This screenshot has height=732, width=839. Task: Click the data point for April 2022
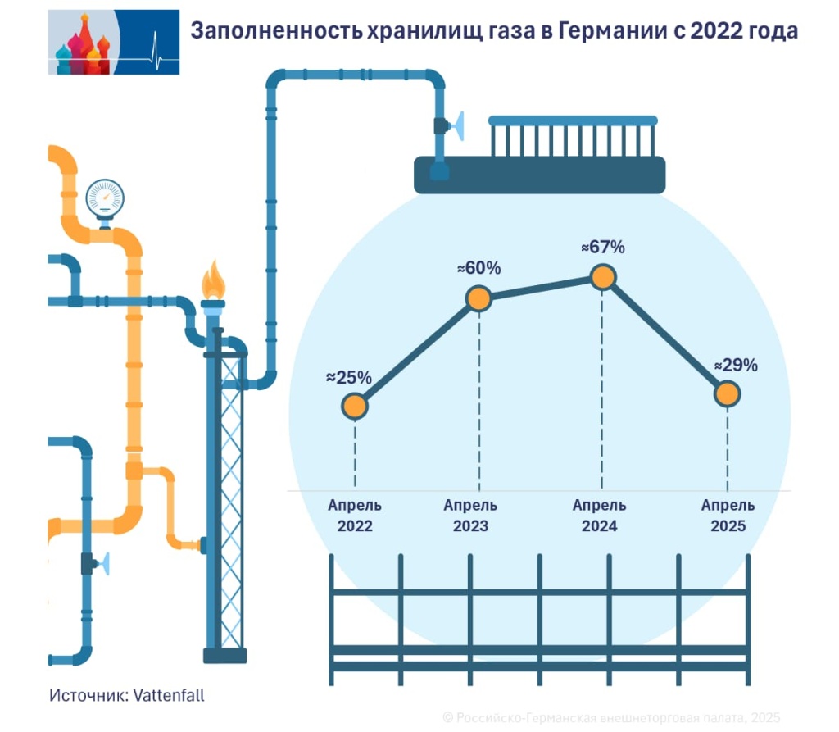click(355, 406)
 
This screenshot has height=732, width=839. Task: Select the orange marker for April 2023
click(478, 298)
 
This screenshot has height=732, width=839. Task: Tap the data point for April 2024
click(602, 278)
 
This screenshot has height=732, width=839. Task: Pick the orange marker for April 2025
click(728, 394)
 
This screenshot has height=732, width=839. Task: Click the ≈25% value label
click(349, 378)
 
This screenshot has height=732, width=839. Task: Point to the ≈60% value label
click(478, 268)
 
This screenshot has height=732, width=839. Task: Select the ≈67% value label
click(602, 247)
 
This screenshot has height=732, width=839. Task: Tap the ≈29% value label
click(735, 366)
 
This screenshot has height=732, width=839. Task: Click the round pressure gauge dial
click(105, 197)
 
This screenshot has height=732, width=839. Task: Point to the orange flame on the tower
click(214, 282)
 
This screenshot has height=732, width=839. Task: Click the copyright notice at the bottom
click(611, 717)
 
